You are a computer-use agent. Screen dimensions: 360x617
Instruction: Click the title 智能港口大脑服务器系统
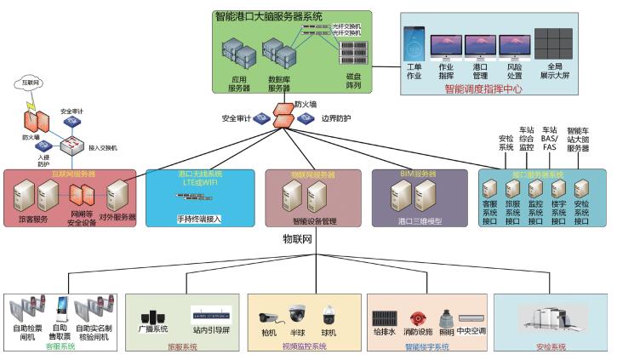280,16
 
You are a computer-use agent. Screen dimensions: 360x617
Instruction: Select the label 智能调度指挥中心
483,88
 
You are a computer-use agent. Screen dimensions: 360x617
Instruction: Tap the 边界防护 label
336,118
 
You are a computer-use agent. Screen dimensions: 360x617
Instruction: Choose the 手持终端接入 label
198,218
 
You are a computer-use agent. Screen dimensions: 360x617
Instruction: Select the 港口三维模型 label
419,220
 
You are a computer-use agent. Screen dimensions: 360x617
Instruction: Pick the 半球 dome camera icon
297,313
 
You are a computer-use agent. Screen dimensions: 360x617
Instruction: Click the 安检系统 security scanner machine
551,319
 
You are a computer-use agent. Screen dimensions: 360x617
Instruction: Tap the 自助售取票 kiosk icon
60,308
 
